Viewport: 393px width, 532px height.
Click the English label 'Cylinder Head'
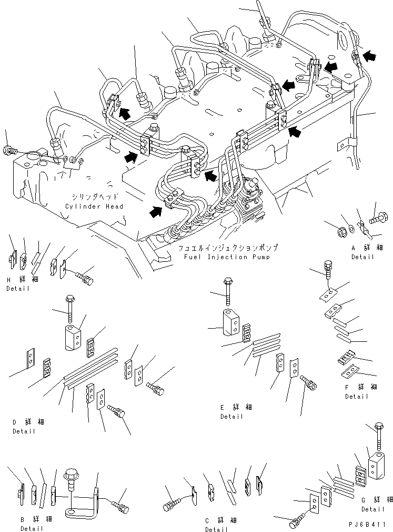click(94, 206)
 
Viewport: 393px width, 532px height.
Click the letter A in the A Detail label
click(355, 248)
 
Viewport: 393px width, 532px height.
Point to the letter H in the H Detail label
click(9, 280)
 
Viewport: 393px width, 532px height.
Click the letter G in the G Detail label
click(364, 499)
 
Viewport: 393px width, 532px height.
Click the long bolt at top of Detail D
click(70, 310)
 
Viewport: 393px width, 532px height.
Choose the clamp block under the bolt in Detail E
click(230, 321)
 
